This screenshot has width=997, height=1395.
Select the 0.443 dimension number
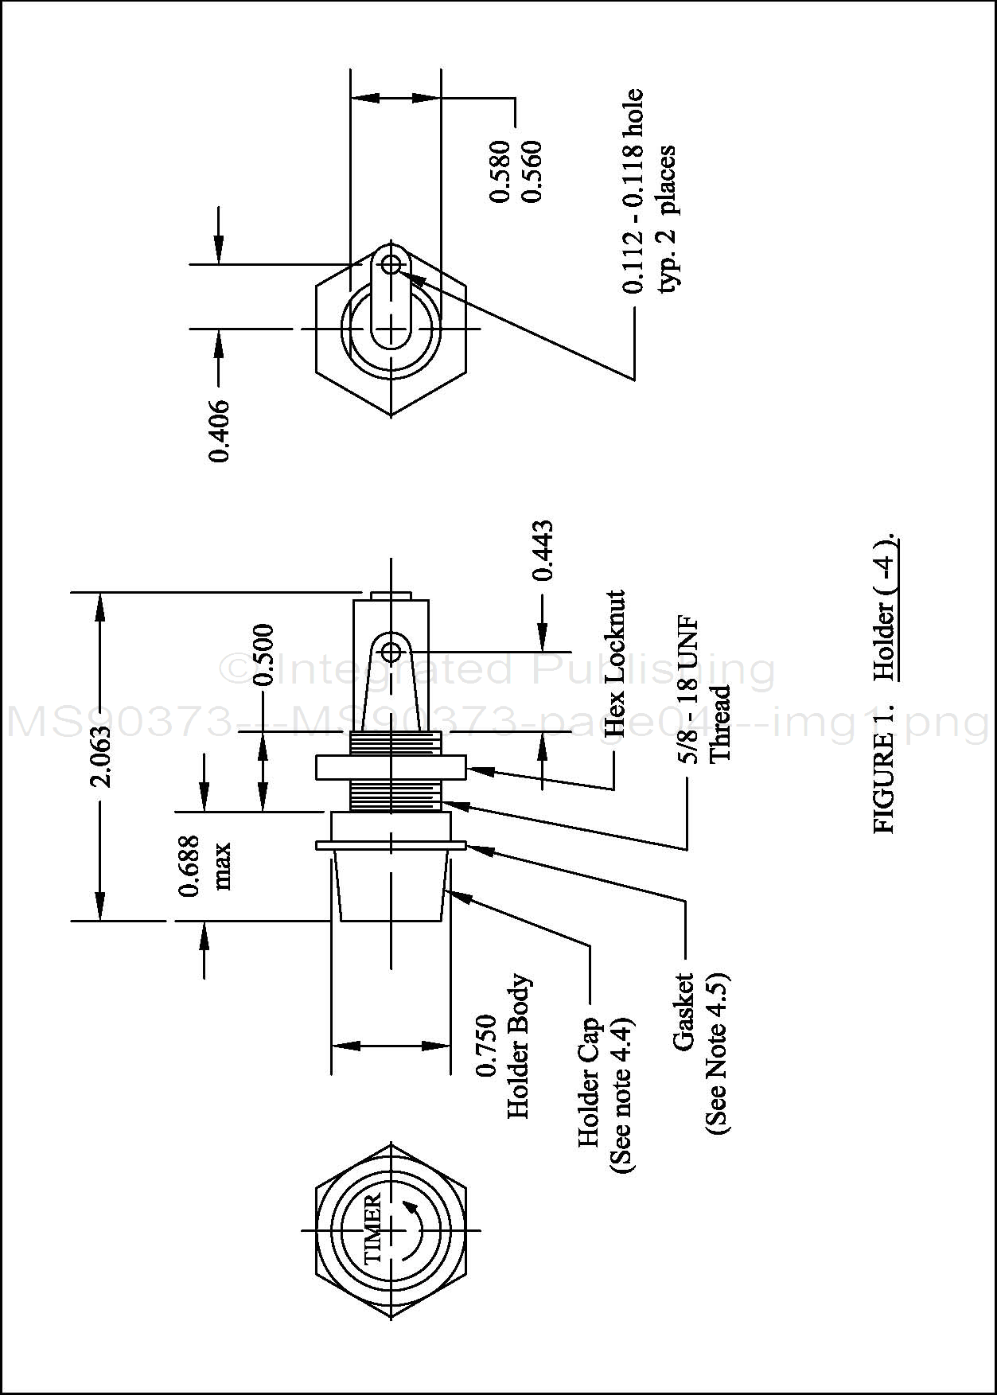point(543,550)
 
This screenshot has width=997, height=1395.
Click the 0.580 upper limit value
point(500,171)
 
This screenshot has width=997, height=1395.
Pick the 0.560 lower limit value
point(528,171)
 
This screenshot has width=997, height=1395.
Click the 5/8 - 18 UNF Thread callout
point(705,690)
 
